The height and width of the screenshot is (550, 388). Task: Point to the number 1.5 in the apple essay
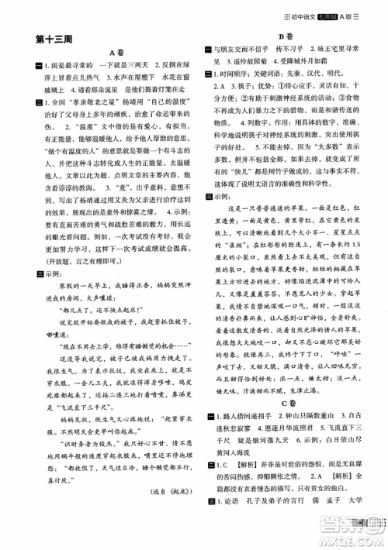coord(357,269)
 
